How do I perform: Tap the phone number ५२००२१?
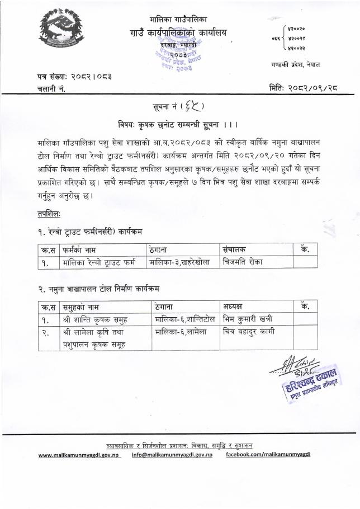(x=297, y=39)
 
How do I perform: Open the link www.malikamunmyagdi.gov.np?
(x=82, y=455)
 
